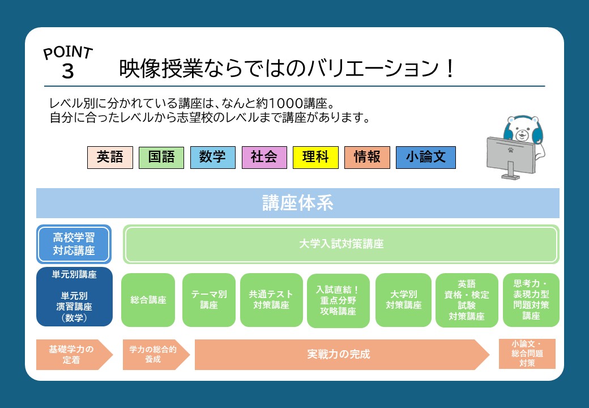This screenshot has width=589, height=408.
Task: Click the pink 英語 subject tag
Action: (x=110, y=158)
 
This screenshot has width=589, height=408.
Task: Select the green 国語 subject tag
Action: (x=161, y=158)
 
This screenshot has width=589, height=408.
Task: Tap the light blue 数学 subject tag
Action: (x=213, y=158)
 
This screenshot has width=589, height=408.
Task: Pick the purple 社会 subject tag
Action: (x=264, y=158)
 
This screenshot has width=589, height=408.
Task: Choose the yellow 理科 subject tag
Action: (x=315, y=158)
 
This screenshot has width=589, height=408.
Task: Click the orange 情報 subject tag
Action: (x=367, y=158)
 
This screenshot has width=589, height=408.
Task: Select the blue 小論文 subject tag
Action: (x=425, y=158)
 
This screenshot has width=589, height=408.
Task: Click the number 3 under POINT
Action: (x=68, y=71)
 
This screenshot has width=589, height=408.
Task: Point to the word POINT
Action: (x=68, y=53)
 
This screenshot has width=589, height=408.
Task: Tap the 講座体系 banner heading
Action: (x=297, y=203)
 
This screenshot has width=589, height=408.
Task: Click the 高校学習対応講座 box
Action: (x=74, y=244)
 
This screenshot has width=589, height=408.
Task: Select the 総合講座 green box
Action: (x=148, y=300)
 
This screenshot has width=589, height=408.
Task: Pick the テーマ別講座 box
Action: (x=209, y=300)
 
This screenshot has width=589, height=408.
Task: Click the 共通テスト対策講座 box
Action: (x=271, y=300)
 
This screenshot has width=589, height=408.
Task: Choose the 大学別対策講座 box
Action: (x=403, y=300)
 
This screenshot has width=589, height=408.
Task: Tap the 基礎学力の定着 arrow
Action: (x=74, y=355)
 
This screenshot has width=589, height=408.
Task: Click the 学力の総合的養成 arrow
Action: (x=156, y=355)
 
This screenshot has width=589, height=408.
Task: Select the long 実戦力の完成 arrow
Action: (x=342, y=355)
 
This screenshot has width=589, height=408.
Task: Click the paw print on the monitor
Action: (x=510, y=150)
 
